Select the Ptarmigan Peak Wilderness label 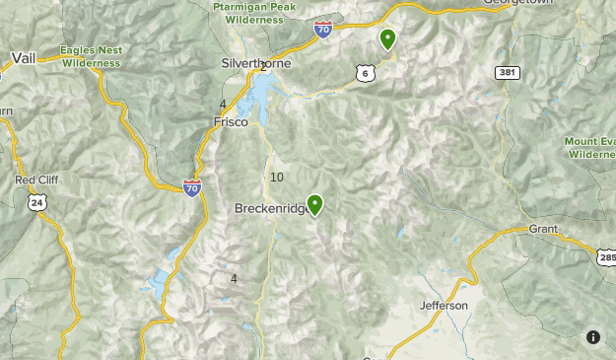[254, 12]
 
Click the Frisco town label [231, 122]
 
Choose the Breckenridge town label [269, 208]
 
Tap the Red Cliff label [37, 180]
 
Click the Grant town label [543, 229]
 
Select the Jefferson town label [444, 306]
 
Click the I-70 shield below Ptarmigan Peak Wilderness [323, 30]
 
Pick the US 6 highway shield [366, 73]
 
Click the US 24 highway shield [37, 202]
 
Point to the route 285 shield [606, 256]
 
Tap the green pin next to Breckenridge [315, 204]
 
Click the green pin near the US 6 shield [388, 38]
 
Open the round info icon [593, 337]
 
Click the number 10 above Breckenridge [276, 178]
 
